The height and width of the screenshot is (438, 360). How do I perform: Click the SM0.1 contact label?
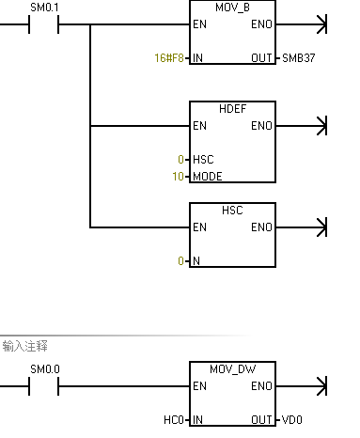tap(44, 8)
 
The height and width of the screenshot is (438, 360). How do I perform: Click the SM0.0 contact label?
tap(44, 368)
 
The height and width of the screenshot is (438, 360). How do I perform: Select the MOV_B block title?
tap(233, 8)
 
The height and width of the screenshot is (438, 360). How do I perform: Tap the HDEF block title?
tap(233, 109)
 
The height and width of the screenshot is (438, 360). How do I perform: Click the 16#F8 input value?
tap(170, 58)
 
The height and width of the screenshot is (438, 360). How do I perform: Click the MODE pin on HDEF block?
tap(208, 177)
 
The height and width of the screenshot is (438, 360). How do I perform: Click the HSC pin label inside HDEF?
tap(204, 159)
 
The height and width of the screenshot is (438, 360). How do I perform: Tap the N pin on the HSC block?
tap(196, 261)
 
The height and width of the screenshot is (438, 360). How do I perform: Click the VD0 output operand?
tap(292, 419)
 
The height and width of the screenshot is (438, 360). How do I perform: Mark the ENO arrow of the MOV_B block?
tap(322, 24)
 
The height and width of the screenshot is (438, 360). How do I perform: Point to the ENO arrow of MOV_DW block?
tap(322, 385)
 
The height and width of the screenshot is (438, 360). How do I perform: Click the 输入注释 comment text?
tap(24, 347)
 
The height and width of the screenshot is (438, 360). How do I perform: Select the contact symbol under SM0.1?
tap(44, 24)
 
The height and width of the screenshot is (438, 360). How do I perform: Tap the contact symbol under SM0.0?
tap(44, 385)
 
